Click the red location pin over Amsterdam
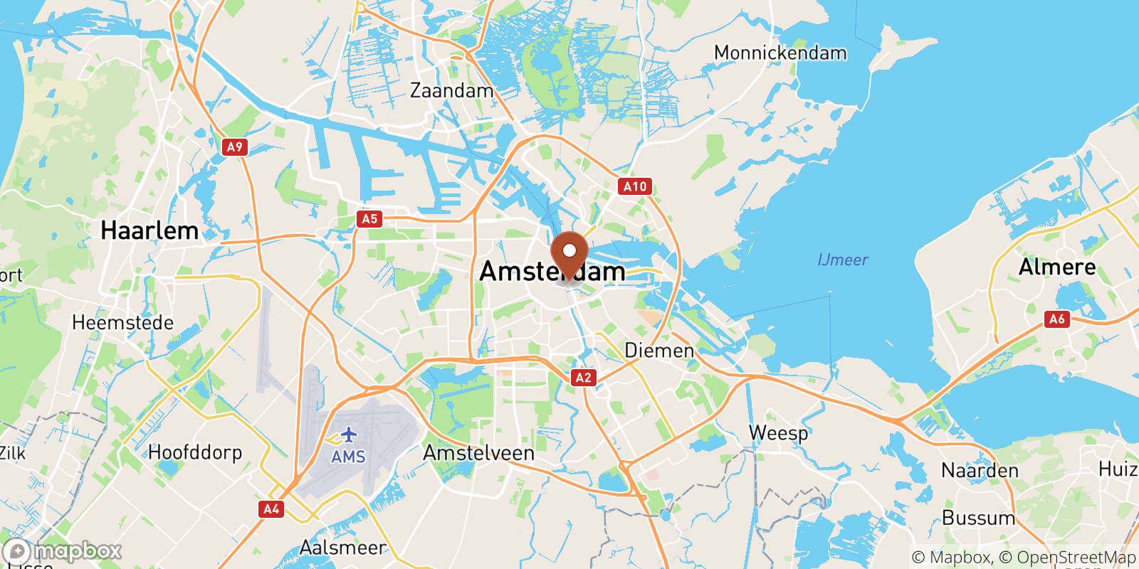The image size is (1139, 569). pyautogui.click(x=569, y=253)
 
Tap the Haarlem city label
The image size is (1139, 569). pyautogui.click(x=149, y=230)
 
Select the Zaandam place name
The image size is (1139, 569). pyautogui.click(x=451, y=91)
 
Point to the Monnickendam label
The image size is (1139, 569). pyautogui.click(x=780, y=53)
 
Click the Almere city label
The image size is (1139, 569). pyautogui.click(x=1057, y=267)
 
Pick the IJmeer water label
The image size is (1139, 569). pyautogui.click(x=843, y=260)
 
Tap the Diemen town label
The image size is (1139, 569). pyautogui.click(x=658, y=350)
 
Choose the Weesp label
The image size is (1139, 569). pyautogui.click(x=778, y=432)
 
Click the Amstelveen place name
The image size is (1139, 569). pyautogui.click(x=478, y=453)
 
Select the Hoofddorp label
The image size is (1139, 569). pyautogui.click(x=195, y=452)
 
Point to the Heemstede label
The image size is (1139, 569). pyautogui.click(x=122, y=323)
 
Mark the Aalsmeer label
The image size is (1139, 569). pyautogui.click(x=342, y=548)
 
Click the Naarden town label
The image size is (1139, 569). pyautogui.click(x=980, y=471)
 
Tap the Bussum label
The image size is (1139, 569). pyautogui.click(x=979, y=518)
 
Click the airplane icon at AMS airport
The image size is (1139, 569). pyautogui.click(x=348, y=435)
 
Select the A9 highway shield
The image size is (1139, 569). pyautogui.click(x=234, y=147)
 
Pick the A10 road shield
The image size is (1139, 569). pyautogui.click(x=635, y=186)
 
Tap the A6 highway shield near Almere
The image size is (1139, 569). pyautogui.click(x=1057, y=319)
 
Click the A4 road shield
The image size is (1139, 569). pyautogui.click(x=271, y=509)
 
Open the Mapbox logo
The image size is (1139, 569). pyautogui.click(x=63, y=551)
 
